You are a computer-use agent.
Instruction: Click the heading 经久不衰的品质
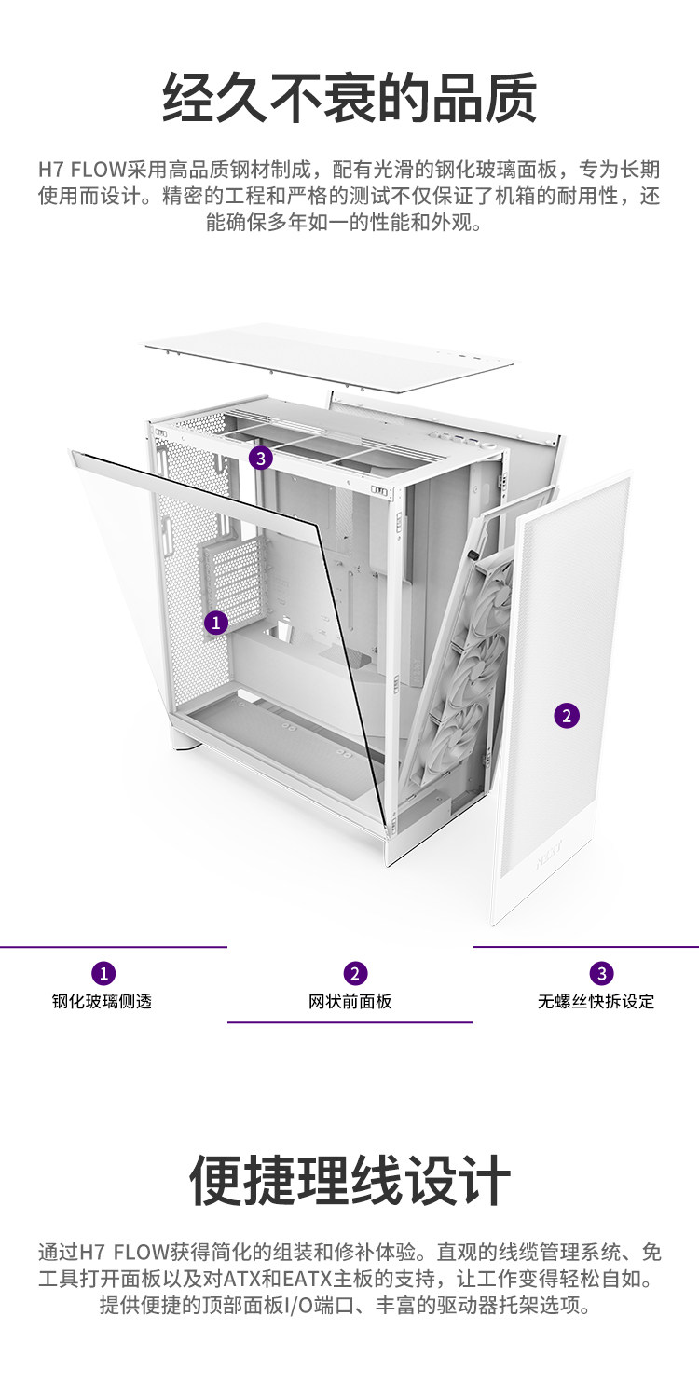coord(349,97)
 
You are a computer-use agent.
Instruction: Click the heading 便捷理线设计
coord(349,1181)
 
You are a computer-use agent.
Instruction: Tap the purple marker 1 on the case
coord(216,622)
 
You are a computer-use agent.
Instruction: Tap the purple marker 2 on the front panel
coord(567,715)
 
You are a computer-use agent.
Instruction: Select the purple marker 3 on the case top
coord(261,457)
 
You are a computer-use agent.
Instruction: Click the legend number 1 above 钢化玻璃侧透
coord(103,973)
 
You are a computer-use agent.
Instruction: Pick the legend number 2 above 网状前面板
coord(355,973)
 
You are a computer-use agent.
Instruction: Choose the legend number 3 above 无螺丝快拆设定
coord(602,973)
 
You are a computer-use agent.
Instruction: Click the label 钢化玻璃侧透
coord(102,1002)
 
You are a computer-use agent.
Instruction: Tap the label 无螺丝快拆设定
coord(596,1002)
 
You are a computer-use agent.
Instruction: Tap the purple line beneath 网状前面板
coord(349,1022)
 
